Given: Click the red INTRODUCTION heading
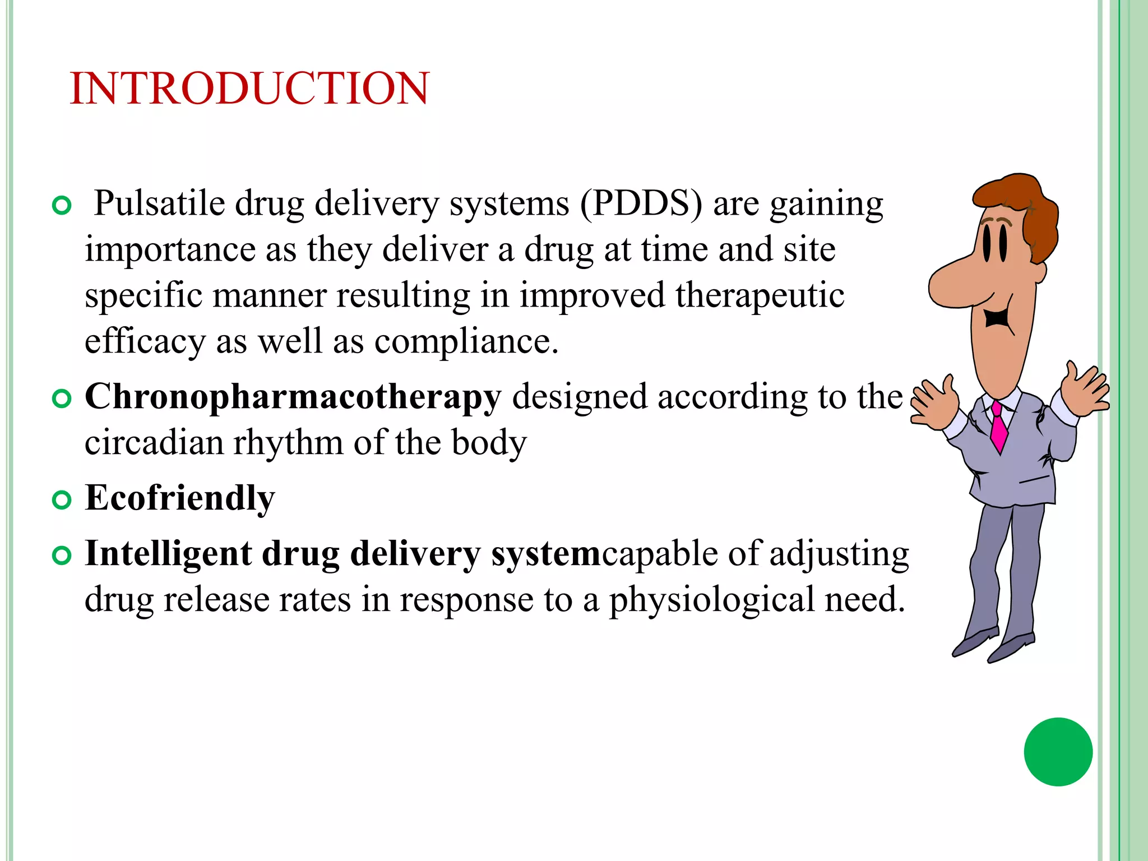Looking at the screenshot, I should point(249,89).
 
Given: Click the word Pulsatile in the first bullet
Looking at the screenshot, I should point(159,203).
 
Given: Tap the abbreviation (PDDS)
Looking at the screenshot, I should point(641,203).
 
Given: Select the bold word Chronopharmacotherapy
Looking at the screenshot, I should point(293,397).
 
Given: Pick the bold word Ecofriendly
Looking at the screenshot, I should point(180,498).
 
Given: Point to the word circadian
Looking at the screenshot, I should point(154,443).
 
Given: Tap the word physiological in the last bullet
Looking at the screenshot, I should point(711,600).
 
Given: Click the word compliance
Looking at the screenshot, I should point(466,341).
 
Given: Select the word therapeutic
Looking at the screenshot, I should point(760,295).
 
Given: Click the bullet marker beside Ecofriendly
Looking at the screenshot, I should point(62,499).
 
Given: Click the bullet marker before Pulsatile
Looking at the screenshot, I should point(62,206).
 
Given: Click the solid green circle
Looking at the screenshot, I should point(1058,752).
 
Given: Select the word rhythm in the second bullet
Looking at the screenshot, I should point(288,443).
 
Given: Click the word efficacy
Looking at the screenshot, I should point(145,341).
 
